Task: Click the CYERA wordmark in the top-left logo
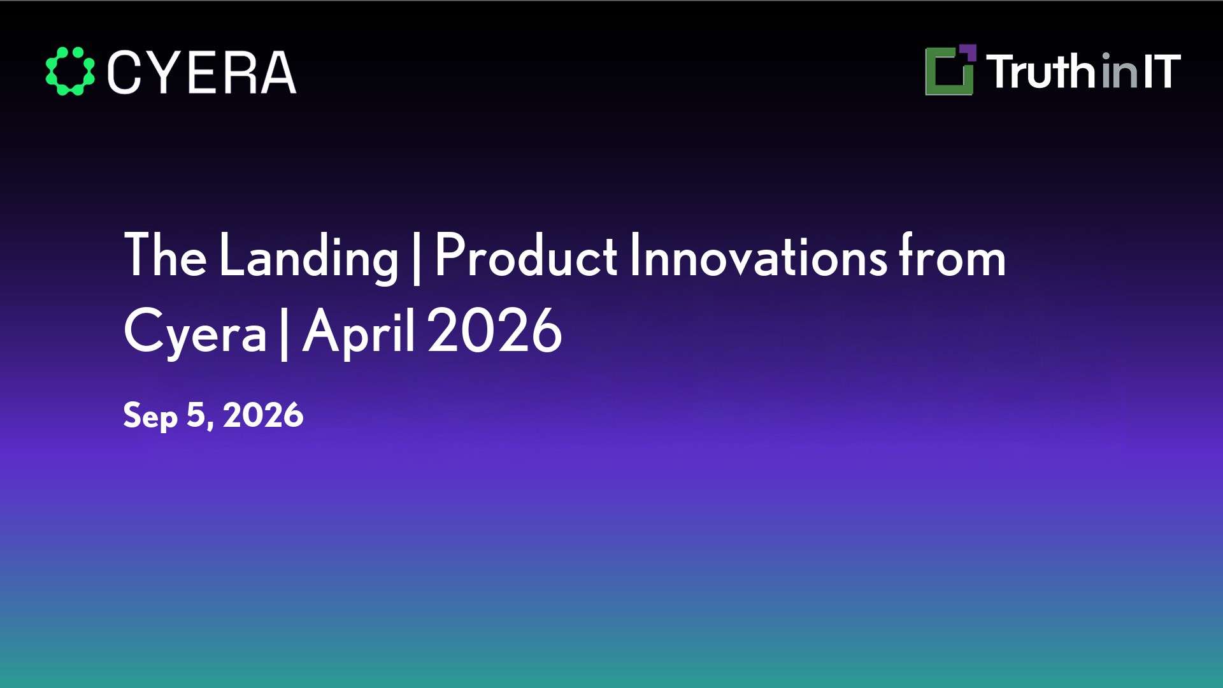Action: (202, 72)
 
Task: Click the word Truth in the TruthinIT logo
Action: (1042, 71)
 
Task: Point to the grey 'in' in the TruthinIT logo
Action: (1119, 72)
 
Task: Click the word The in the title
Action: (166, 255)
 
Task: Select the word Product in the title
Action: (526, 255)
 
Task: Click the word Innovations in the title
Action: (759, 255)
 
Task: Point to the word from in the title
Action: (952, 255)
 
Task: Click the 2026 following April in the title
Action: (495, 330)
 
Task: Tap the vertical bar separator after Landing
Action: (417, 258)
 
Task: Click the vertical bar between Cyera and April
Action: (284, 333)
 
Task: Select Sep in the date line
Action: (150, 417)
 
